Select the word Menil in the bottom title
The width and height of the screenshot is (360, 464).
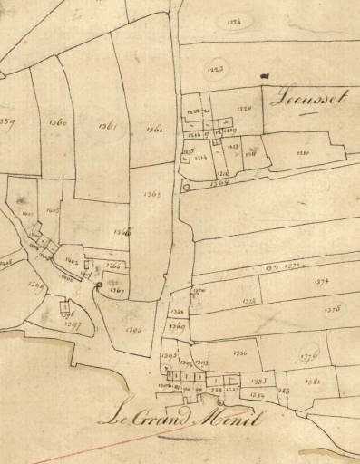coord(235,420)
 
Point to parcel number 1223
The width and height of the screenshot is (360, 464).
coord(216,68)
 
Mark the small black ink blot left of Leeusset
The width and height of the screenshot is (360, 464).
coord(264,76)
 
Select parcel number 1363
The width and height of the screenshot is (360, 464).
coord(151,193)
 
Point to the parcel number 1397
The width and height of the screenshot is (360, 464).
coord(73,324)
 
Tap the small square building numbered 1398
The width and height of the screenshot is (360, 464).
coord(63,306)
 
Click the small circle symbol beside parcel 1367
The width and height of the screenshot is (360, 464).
coord(99,286)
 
